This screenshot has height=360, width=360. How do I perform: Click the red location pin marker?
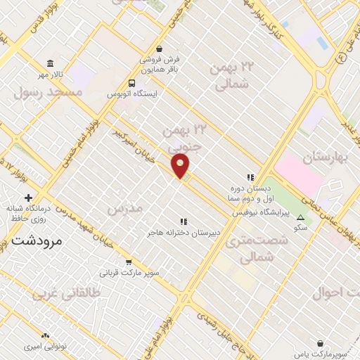coord(181,167)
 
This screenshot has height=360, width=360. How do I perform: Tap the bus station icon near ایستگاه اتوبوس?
coord(122,83)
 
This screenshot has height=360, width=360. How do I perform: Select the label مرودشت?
coord(37,240)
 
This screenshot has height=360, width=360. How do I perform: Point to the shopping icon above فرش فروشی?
coord(161,49)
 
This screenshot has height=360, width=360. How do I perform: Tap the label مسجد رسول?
coord(48,92)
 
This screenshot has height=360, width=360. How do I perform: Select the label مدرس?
coord(124,209)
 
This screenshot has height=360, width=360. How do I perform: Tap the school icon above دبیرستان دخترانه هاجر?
coord(184,221)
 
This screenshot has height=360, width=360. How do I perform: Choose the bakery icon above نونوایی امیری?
coord(47,337)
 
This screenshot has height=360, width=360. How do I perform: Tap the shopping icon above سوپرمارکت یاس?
coord(321,344)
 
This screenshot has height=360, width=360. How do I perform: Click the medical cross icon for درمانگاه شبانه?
coord(28,198)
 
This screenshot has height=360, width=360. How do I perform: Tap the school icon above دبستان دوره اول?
coord(249,178)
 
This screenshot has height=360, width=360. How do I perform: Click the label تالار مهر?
coord(51,74)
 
